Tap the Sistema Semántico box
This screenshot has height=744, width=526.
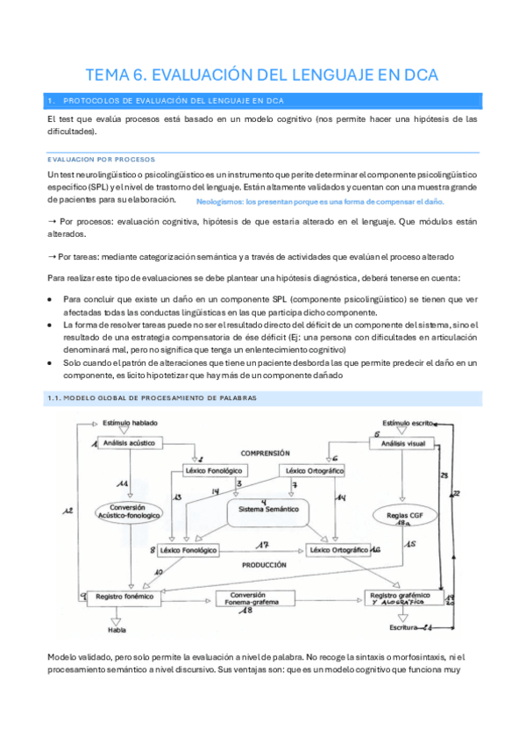click(x=263, y=509)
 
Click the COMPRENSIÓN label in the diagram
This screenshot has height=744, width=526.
click(x=266, y=453)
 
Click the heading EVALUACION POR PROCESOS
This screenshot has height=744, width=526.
click(x=101, y=160)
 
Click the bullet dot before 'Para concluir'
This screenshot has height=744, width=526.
click(x=52, y=298)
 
